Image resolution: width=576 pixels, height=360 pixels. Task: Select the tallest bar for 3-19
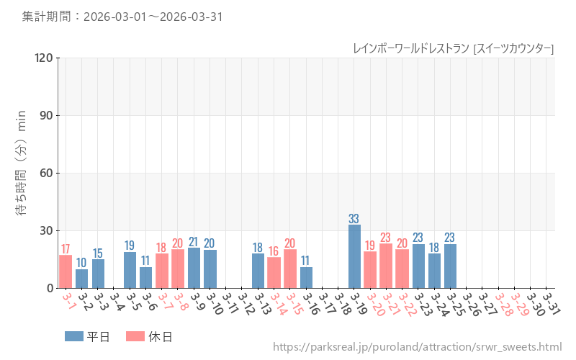coord(354,256)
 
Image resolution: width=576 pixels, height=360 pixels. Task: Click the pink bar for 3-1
coord(66,271)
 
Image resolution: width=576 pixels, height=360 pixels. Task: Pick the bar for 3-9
coord(194,268)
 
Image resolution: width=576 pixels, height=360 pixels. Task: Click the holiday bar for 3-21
coord(386,266)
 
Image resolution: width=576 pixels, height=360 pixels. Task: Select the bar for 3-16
coord(306,277)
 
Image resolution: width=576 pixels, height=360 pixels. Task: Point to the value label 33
coord(354,218)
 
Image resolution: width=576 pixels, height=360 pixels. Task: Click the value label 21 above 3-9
coord(194,241)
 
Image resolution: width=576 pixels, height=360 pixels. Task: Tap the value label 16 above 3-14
coord(274,251)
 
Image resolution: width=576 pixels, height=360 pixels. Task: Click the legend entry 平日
coord(88,336)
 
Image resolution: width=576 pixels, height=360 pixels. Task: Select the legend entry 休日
coord(149,336)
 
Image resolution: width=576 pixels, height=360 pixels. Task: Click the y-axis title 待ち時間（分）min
coord(22,173)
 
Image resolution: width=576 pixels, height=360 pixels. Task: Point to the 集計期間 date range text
coord(122,16)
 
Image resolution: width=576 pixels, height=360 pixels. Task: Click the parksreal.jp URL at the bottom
coord(417,347)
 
